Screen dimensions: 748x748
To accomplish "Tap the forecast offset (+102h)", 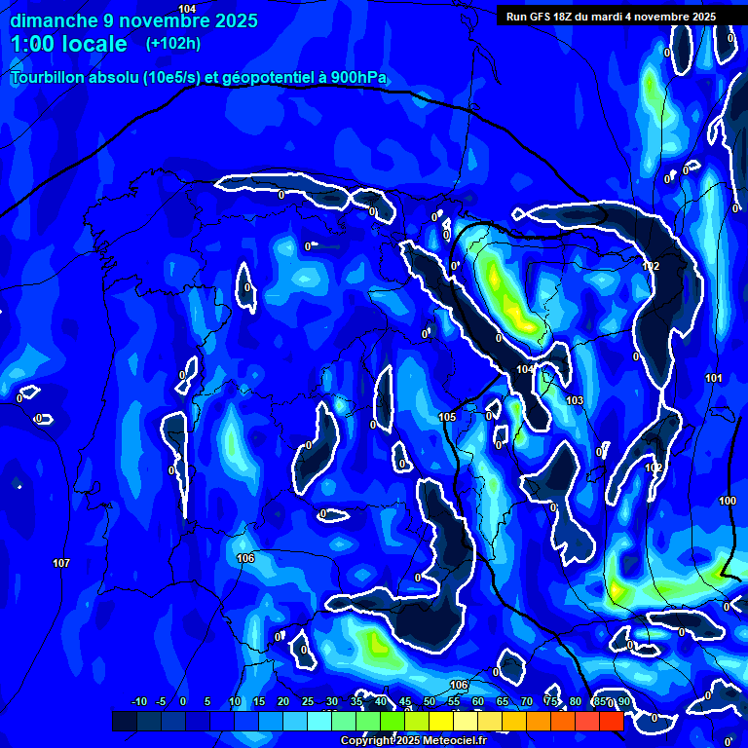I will [172, 43].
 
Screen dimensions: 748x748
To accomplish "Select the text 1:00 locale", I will [69, 44].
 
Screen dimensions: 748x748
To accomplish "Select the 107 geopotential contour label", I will [61, 564].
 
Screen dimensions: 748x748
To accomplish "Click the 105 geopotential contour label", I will [447, 418].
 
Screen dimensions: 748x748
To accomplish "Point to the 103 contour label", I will [575, 400].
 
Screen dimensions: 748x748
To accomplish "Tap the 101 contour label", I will [714, 378].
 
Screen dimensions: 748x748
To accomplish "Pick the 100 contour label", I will [728, 501].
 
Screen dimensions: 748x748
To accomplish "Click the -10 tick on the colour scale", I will [138, 702].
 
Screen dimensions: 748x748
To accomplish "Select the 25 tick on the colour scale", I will [307, 702].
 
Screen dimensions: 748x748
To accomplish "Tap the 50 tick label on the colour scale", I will [430, 702].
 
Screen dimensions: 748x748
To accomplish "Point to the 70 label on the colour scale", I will [527, 702].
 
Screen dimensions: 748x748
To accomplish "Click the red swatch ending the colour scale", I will [611, 721].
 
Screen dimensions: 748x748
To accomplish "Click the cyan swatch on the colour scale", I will [318, 721].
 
